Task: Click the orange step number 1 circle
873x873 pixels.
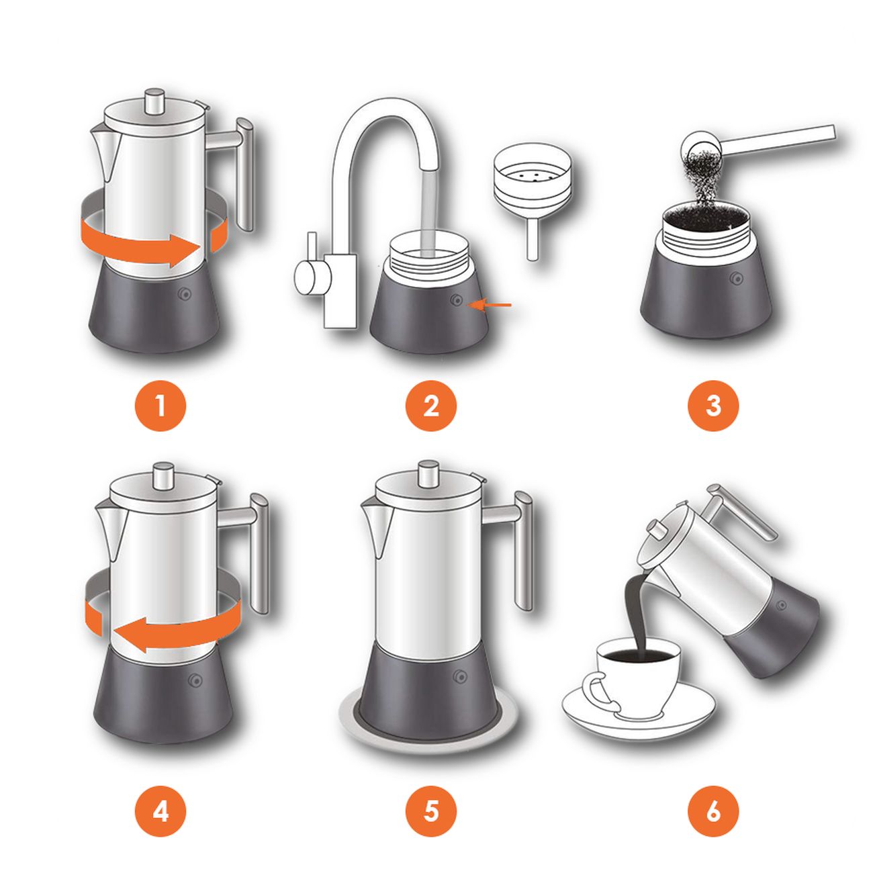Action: pos(160,406)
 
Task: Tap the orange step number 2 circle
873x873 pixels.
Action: pos(431,406)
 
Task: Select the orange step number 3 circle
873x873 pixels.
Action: pos(713,406)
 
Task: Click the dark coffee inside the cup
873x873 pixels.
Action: pos(639,657)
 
